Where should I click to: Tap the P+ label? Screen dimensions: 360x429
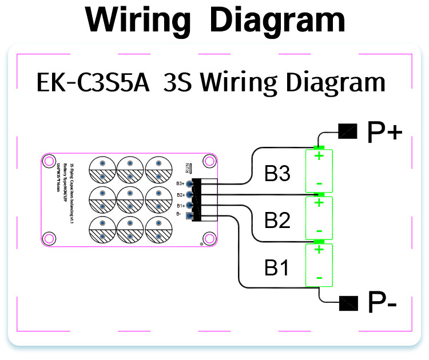click(x=385, y=132)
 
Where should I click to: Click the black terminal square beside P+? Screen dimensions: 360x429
click(x=347, y=132)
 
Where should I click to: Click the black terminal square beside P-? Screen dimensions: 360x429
click(x=348, y=302)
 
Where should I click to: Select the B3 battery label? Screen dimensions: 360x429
click(x=278, y=174)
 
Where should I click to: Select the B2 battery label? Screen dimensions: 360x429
click(x=278, y=220)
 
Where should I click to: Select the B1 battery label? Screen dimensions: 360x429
click(x=277, y=267)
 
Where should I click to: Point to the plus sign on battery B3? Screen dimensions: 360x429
click(x=320, y=155)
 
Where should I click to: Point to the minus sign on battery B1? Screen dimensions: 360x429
click(x=319, y=278)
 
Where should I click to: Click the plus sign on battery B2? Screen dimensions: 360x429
click(x=320, y=202)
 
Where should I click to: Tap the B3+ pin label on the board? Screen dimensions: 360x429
click(x=180, y=183)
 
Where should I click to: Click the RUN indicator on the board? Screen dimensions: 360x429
click(x=188, y=168)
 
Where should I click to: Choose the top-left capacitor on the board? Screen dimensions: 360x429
click(x=102, y=170)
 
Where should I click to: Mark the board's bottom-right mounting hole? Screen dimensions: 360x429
click(x=209, y=237)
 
